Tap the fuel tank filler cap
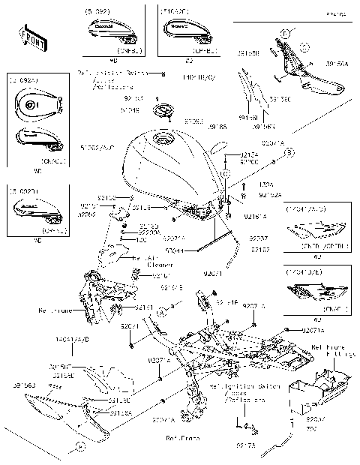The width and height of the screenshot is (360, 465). pos(161,113)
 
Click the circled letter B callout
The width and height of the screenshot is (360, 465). pos(289,152)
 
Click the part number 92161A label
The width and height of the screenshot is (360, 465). pos(255,216)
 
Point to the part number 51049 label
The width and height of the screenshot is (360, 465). pos(130,109)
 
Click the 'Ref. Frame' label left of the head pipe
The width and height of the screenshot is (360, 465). pos(53,308)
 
